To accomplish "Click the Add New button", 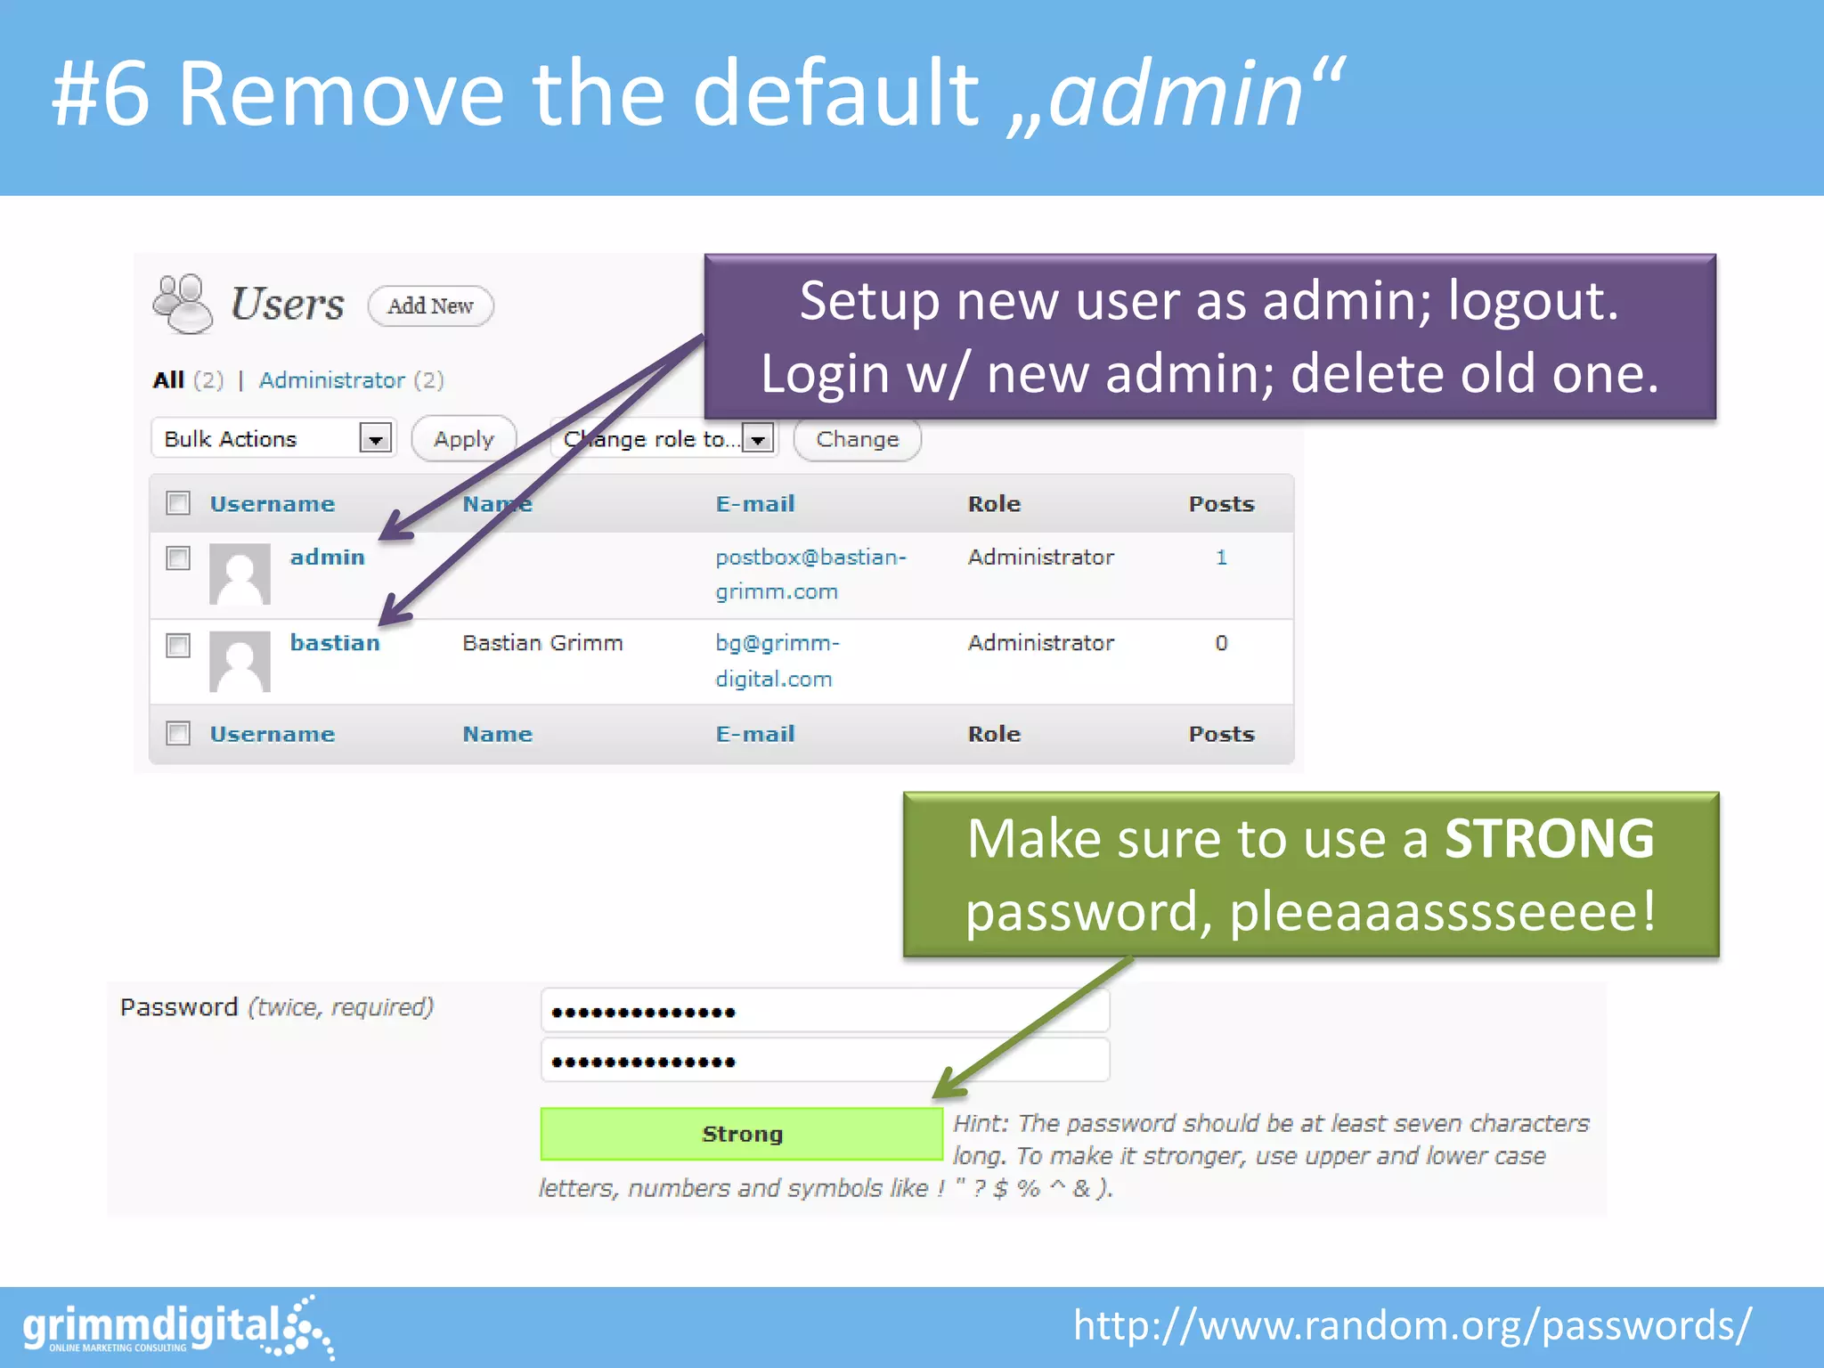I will point(430,306).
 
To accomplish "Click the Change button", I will point(857,440).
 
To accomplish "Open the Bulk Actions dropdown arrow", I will point(376,439).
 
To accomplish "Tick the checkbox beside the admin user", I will point(178,558).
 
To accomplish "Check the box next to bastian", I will point(178,645).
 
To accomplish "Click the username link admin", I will point(327,558).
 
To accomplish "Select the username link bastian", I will point(334,643).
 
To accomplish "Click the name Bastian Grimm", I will point(542,643).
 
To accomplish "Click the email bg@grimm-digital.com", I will point(777,660).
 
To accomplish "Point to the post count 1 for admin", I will point(1221,558).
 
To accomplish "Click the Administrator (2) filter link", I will point(351,380).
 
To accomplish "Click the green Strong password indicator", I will point(741,1134).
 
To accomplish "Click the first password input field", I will point(825,1012).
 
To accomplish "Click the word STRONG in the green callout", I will point(1548,839).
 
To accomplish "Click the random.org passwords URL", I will point(1412,1326).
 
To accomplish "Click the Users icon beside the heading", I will point(183,304).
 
